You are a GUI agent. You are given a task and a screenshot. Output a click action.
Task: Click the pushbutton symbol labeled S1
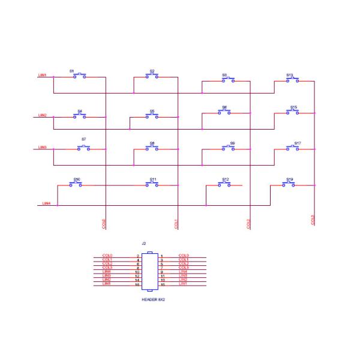pyautogui.click(x=79, y=76)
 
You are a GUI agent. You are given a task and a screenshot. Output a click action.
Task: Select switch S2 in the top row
pyautogui.click(x=152, y=76)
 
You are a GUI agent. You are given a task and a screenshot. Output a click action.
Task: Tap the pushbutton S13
pyautogui.click(x=292, y=80)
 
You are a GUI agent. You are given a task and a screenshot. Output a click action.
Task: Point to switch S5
pyautogui.click(x=152, y=116)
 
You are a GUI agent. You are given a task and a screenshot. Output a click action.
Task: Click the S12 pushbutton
pyautogui.click(x=224, y=184)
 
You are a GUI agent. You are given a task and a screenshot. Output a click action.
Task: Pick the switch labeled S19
pyautogui.click(x=289, y=184)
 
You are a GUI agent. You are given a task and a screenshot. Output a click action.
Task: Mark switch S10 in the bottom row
pyautogui.click(x=76, y=184)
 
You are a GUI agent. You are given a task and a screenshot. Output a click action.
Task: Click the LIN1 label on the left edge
pyautogui.click(x=42, y=75)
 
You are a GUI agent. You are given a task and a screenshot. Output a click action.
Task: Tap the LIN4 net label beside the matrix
pyautogui.click(x=46, y=204)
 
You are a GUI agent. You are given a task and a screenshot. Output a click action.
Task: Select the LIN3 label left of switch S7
pyautogui.click(x=42, y=147)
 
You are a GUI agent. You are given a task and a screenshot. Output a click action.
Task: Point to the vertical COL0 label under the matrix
pyautogui.click(x=104, y=224)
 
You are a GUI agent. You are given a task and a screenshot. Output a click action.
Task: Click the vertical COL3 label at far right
pyautogui.click(x=313, y=220)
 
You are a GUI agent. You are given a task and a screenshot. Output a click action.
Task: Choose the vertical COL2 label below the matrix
pyautogui.click(x=248, y=224)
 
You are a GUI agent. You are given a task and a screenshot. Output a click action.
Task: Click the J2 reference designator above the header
pyautogui.click(x=143, y=244)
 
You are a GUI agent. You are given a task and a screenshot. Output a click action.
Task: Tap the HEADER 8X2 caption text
pyautogui.click(x=153, y=299)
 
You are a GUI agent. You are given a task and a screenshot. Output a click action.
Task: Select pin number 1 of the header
pyautogui.click(x=162, y=256)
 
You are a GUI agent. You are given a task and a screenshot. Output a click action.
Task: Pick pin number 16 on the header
pyautogui.click(x=137, y=284)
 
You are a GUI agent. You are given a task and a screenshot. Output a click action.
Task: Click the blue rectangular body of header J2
pyautogui.click(x=150, y=269)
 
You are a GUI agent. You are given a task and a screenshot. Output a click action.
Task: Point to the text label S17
pyautogui.click(x=297, y=143)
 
